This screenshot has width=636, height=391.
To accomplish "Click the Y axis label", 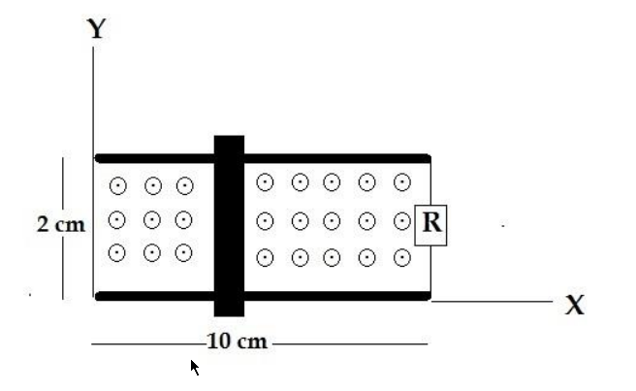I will (x=95, y=28).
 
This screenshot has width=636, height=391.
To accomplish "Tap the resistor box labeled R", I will (x=430, y=223).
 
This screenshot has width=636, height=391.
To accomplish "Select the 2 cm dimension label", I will (x=60, y=225).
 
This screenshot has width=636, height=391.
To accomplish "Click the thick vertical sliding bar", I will (x=229, y=225).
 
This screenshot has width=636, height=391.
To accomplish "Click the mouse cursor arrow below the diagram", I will (x=195, y=367).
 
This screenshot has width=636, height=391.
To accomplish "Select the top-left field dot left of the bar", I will (x=117, y=185).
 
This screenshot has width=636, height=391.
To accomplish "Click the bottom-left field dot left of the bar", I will (x=117, y=253).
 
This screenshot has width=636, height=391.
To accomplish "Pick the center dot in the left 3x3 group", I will (x=152, y=219).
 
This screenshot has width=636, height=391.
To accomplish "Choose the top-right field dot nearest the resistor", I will (x=401, y=181).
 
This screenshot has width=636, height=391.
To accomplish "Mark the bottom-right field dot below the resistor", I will (x=401, y=257).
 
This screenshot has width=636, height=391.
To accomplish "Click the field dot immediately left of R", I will (x=401, y=221).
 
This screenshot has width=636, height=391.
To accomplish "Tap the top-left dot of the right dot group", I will (x=265, y=181).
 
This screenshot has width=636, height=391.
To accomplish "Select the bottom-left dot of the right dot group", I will (x=265, y=257).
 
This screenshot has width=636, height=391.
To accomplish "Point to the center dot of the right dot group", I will (x=333, y=221).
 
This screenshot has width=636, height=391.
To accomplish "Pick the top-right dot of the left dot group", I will (x=183, y=185).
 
